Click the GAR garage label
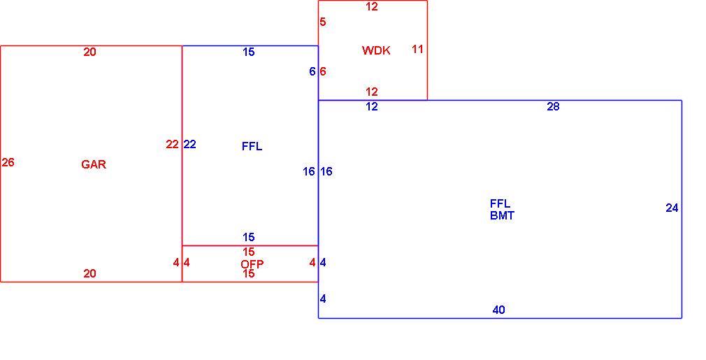(94, 164)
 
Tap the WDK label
(376, 50)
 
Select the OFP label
(252, 264)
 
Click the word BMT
(502, 215)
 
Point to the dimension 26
(8, 162)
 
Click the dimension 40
(498, 310)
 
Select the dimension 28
(553, 107)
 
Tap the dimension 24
(672, 208)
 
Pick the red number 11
(417, 49)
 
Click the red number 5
(323, 22)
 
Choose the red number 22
(172, 145)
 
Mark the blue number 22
(189, 145)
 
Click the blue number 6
(312, 71)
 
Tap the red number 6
(323, 71)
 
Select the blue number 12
(371, 107)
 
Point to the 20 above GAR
(89, 52)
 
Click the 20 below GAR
(89, 273)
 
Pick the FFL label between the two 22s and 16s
(252, 146)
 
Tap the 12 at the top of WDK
(371, 7)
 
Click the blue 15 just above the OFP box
(249, 237)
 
